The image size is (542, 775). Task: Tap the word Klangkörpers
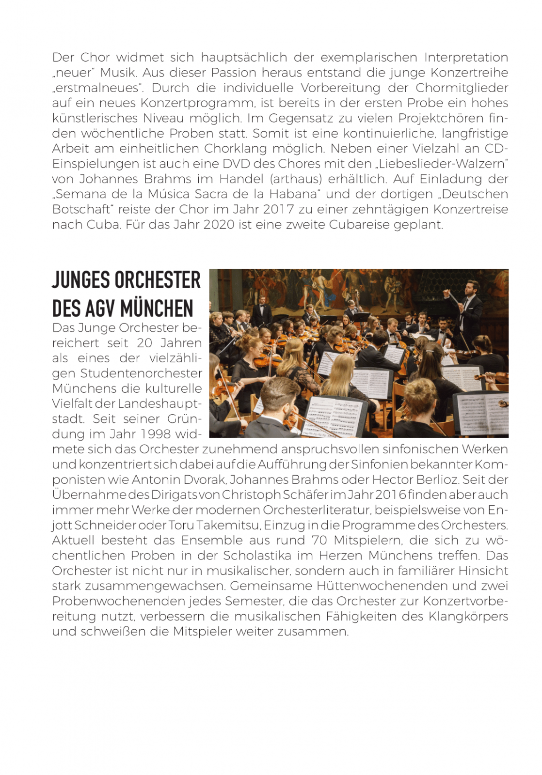click(x=468, y=616)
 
